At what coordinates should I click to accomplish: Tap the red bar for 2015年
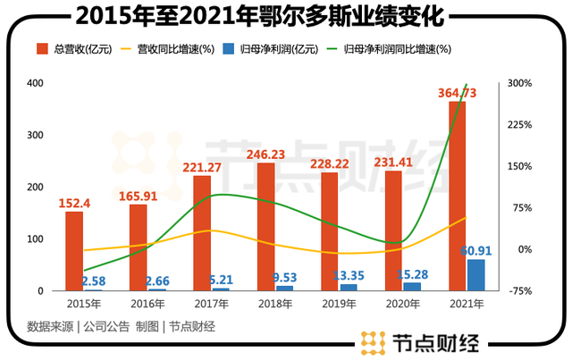point(74,250)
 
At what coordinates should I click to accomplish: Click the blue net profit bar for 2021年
point(475,275)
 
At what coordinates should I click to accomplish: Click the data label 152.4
point(75,203)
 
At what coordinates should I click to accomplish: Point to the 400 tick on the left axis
point(35,83)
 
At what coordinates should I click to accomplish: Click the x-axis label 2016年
point(146,306)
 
